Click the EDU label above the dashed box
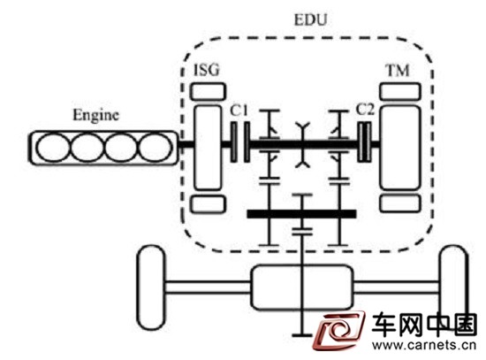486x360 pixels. [310, 19]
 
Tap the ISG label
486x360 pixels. [207, 70]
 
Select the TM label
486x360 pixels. [398, 71]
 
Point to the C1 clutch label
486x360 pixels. [239, 111]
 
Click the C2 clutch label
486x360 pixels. [365, 110]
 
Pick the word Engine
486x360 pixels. [95, 116]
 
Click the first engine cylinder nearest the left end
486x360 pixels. [53, 148]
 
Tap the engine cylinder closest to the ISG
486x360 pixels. [155, 148]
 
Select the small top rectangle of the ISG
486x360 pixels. [208, 92]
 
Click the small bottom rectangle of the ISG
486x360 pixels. [208, 204]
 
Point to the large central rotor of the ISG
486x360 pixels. [208, 148]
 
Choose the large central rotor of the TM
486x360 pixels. [400, 148]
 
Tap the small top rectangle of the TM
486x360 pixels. [400, 92]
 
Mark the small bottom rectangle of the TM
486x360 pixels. [400, 203]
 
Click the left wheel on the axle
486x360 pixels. [151, 287]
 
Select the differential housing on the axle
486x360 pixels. [302, 287]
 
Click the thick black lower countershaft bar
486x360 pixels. [301, 214]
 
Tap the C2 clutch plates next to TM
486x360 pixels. [364, 142]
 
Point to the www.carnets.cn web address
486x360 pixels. [423, 345]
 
